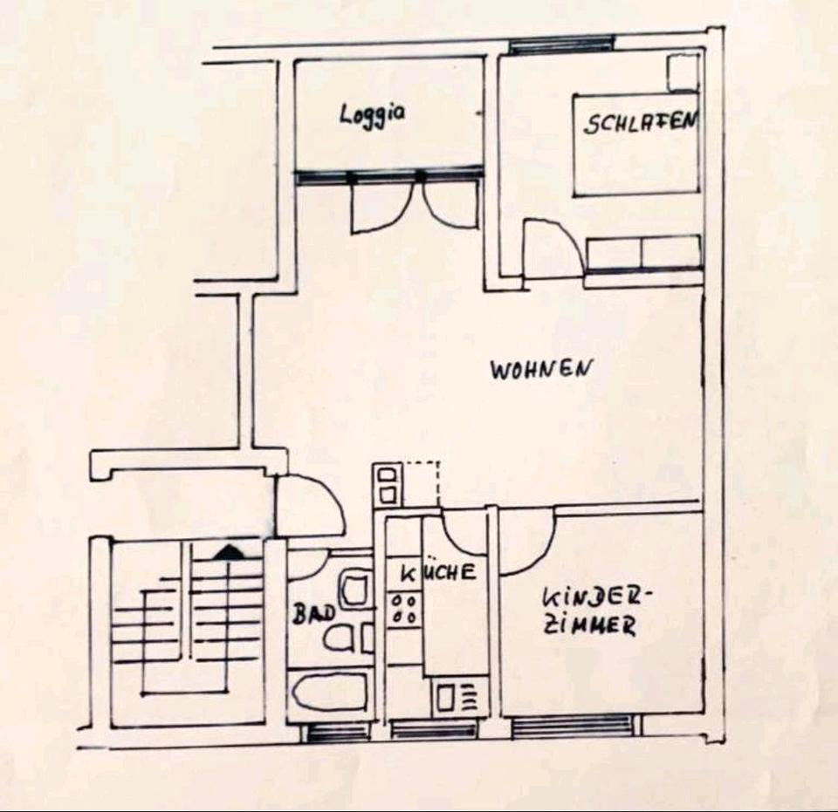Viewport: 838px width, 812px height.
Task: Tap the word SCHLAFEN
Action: [x=640, y=121]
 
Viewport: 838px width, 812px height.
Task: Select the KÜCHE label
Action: [x=438, y=573]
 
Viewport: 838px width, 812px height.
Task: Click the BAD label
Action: [x=313, y=613]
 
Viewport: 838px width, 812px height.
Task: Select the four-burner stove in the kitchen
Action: [x=404, y=608]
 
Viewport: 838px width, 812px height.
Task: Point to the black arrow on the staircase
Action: [x=229, y=551]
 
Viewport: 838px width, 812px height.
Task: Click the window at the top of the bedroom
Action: [x=561, y=44]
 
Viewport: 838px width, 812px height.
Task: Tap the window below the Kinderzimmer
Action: [x=573, y=726]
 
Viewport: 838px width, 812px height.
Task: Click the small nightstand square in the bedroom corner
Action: [x=683, y=72]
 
